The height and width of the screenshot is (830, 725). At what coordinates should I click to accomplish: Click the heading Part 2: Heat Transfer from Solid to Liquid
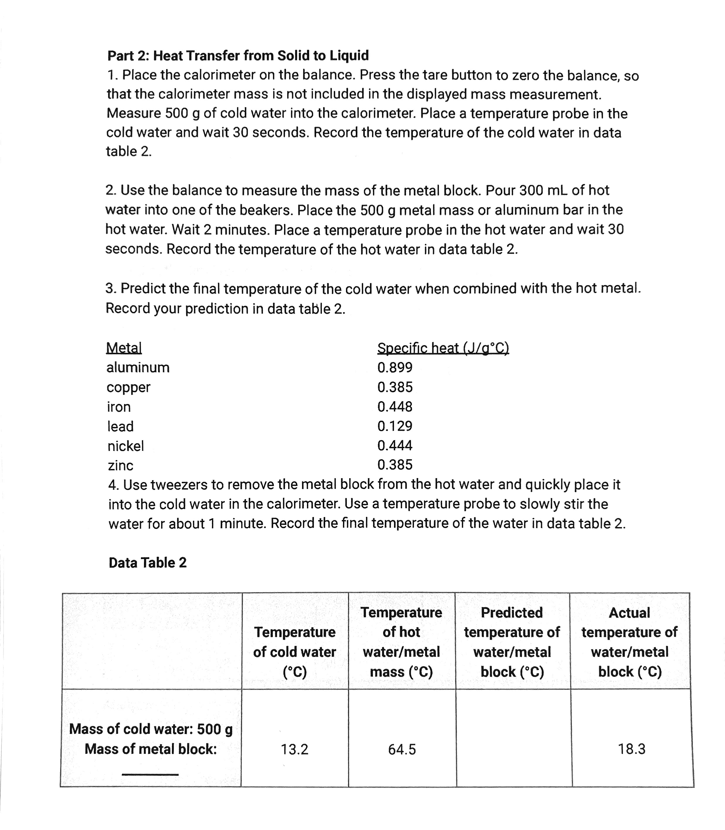pos(238,55)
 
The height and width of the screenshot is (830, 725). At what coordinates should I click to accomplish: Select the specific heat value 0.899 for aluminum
pos(395,367)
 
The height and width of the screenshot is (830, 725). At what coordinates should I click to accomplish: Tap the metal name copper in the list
pos(128,387)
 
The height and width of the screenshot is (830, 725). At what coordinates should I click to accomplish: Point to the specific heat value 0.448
pos(395,407)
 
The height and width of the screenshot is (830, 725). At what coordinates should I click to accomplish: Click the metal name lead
pos(120,426)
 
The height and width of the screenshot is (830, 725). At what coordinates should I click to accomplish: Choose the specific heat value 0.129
pos(395,426)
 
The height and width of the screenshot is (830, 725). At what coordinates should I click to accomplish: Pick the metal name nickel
pos(125,446)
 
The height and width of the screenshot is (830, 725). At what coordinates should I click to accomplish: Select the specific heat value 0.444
pos(395,446)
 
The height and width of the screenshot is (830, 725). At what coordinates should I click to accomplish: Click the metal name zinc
pos(120,465)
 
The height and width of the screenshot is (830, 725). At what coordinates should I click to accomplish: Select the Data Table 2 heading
pos(148,563)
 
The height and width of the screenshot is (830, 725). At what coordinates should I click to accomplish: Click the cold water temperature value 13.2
pos(295,749)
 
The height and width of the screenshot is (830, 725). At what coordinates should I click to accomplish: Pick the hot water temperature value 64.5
pos(402,749)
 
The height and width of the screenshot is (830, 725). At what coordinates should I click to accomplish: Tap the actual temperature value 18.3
pos(631,749)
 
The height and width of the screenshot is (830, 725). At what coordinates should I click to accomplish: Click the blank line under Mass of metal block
pos(150,774)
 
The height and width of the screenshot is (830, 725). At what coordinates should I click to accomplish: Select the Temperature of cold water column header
pos(295,652)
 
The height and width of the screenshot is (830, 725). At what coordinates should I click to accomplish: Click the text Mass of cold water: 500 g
pos(151,729)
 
